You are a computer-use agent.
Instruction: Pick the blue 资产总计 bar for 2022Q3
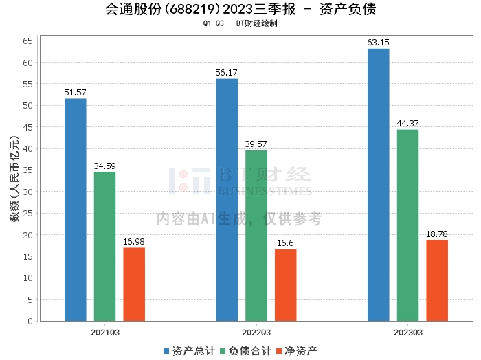227,200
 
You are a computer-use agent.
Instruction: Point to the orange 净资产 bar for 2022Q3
286,285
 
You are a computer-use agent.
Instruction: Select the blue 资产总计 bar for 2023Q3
379,185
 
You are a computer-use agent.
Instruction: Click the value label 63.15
379,43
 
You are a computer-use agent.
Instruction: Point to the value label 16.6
286,243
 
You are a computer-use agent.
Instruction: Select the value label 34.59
105,166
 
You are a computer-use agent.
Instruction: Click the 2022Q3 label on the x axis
256,332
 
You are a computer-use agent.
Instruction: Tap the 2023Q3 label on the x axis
407,332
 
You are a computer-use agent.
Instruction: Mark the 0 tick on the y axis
30,321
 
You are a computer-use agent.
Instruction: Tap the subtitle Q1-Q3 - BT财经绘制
240,23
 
